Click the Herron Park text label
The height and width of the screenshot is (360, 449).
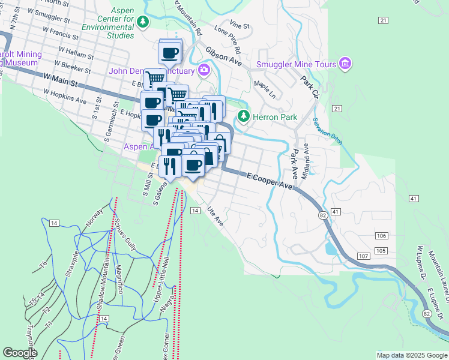(x=273, y=116)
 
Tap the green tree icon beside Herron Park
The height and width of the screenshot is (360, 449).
(x=243, y=116)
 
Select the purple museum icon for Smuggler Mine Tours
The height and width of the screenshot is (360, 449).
(x=345, y=64)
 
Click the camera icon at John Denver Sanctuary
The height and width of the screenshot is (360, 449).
(x=204, y=71)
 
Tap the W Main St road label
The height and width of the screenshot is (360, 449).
(x=60, y=79)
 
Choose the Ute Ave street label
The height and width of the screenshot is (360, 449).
(x=215, y=217)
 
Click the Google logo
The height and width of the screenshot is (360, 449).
(x=20, y=353)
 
